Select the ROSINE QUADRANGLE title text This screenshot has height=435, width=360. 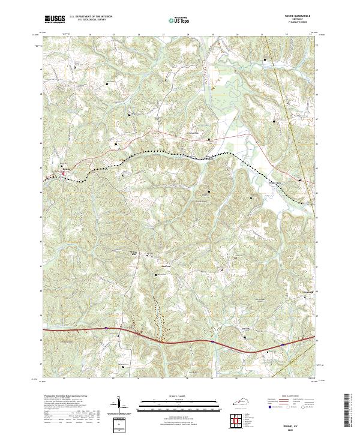296,17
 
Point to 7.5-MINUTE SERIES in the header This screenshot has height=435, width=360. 296,23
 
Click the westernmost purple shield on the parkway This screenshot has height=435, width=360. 106,328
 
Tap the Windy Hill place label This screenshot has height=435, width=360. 134,253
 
